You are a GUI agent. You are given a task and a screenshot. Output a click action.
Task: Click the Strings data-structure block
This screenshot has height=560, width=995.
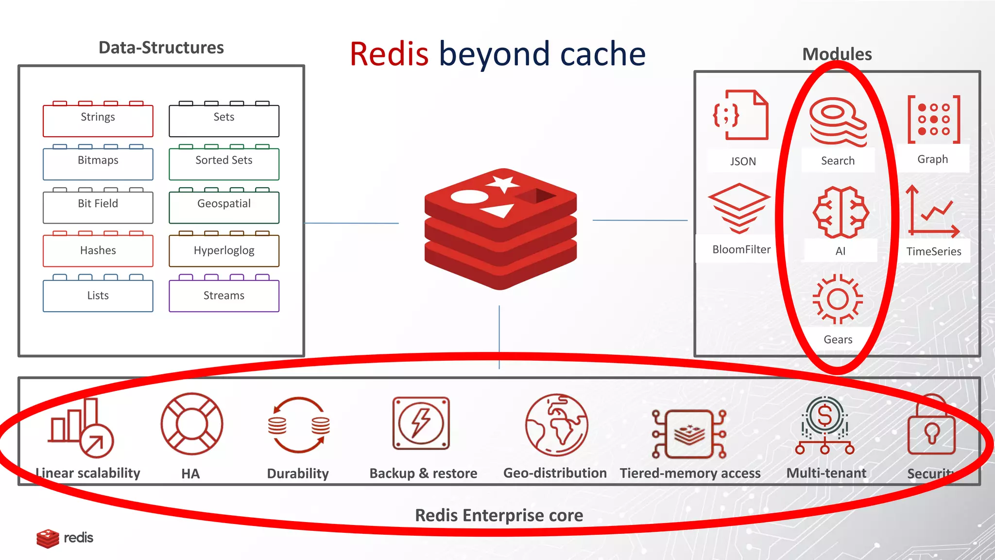coord(98,120)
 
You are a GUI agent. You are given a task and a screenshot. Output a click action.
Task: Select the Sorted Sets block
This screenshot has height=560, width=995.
coord(224,163)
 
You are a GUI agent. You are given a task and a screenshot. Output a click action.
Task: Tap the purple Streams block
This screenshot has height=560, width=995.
coord(224,295)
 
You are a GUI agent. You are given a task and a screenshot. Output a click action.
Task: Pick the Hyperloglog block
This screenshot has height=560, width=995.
coord(224,250)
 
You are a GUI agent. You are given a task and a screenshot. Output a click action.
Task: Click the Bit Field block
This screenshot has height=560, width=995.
coord(98,206)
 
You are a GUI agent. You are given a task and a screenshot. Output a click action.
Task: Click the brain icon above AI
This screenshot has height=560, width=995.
coord(841,212)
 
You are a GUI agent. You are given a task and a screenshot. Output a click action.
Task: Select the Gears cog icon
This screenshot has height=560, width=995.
coord(838,299)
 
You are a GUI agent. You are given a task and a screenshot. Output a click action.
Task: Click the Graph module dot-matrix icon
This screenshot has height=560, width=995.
coord(933,120)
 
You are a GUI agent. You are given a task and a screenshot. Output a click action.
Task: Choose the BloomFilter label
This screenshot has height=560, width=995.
coord(741,249)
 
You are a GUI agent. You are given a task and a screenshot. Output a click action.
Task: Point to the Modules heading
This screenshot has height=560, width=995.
coord(837,54)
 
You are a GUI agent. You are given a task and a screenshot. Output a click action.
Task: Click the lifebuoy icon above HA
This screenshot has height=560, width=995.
coord(192,423)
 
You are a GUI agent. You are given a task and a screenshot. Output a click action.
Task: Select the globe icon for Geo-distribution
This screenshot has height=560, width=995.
coord(556,424)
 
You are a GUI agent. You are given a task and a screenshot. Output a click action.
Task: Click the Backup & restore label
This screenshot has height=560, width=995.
coord(423,473)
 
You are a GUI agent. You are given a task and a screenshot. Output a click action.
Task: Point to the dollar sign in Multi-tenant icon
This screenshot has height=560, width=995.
coord(825,416)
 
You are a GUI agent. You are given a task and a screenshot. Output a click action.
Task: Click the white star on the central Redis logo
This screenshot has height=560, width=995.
coord(502,184)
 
